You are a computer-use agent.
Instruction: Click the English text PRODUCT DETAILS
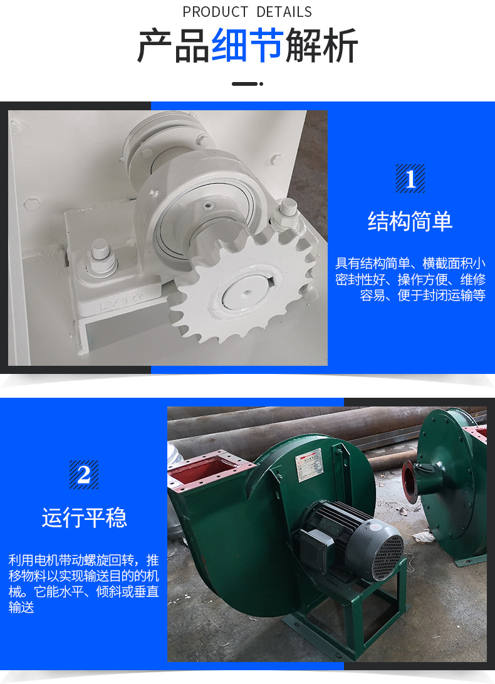click(x=247, y=12)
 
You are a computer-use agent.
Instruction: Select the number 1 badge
click(x=410, y=179)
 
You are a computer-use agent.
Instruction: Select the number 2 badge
click(x=84, y=475)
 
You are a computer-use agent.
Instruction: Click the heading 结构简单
click(x=410, y=221)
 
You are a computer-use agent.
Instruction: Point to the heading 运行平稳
click(x=84, y=518)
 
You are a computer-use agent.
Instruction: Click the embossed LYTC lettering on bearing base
click(x=123, y=303)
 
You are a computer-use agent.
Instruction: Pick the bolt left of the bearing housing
click(x=102, y=257)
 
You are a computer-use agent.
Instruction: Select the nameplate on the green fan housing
click(x=310, y=465)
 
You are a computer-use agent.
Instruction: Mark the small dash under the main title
click(x=247, y=83)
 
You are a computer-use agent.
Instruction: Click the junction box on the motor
click(x=315, y=542)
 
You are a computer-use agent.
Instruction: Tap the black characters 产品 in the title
click(x=174, y=45)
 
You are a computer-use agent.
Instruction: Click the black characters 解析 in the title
click(x=321, y=45)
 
